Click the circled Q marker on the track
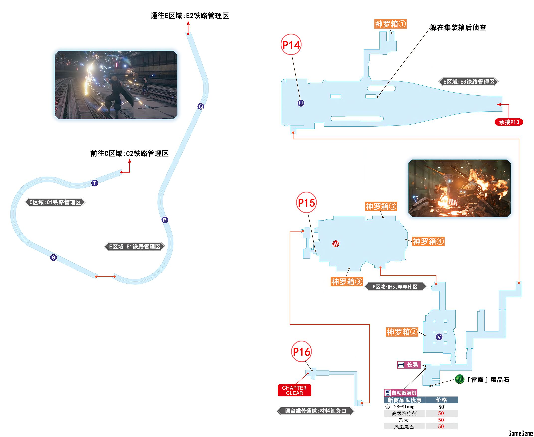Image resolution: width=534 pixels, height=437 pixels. click(201, 107)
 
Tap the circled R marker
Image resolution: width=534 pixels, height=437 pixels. click(165, 220)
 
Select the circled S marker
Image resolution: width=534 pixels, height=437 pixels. click(53, 257)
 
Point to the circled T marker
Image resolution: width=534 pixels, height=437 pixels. click(95, 183)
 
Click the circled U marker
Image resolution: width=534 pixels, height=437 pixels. click(301, 103)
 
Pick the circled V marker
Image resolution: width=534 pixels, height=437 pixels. click(439, 337)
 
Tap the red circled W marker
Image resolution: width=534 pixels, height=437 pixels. click(336, 244)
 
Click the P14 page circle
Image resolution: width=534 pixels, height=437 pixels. click(291, 45)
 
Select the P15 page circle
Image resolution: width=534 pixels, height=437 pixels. click(306, 203)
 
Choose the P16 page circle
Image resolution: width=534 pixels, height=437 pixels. click(302, 352)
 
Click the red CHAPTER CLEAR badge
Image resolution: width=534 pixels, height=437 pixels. click(294, 390)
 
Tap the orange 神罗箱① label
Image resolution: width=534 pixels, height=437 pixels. click(390, 24)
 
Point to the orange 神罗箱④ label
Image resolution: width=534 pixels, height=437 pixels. click(428, 241)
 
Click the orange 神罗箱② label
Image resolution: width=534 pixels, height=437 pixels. click(402, 332)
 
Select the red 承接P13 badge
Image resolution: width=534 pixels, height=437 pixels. click(509, 122)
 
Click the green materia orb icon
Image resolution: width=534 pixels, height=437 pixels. click(459, 379)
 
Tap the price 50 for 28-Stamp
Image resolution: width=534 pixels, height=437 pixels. click(441, 407)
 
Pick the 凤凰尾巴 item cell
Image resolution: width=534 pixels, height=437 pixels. click(404, 427)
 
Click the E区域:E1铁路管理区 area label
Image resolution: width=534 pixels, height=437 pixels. click(135, 246)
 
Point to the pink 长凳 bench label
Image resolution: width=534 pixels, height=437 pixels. click(409, 365)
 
